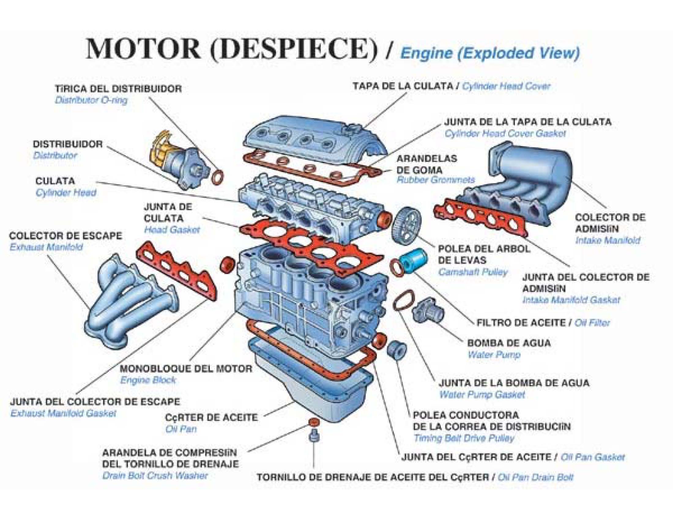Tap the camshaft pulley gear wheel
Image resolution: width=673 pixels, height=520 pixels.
click(406, 225)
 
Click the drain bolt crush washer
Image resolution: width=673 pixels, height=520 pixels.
click(313, 422)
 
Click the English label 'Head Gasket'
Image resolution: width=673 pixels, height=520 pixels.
click(172, 230)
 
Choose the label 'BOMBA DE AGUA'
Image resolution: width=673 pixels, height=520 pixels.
click(509, 343)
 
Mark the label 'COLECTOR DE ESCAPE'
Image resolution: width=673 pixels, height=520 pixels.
click(66, 236)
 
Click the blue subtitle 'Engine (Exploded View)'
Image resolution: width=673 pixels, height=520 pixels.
click(490, 53)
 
